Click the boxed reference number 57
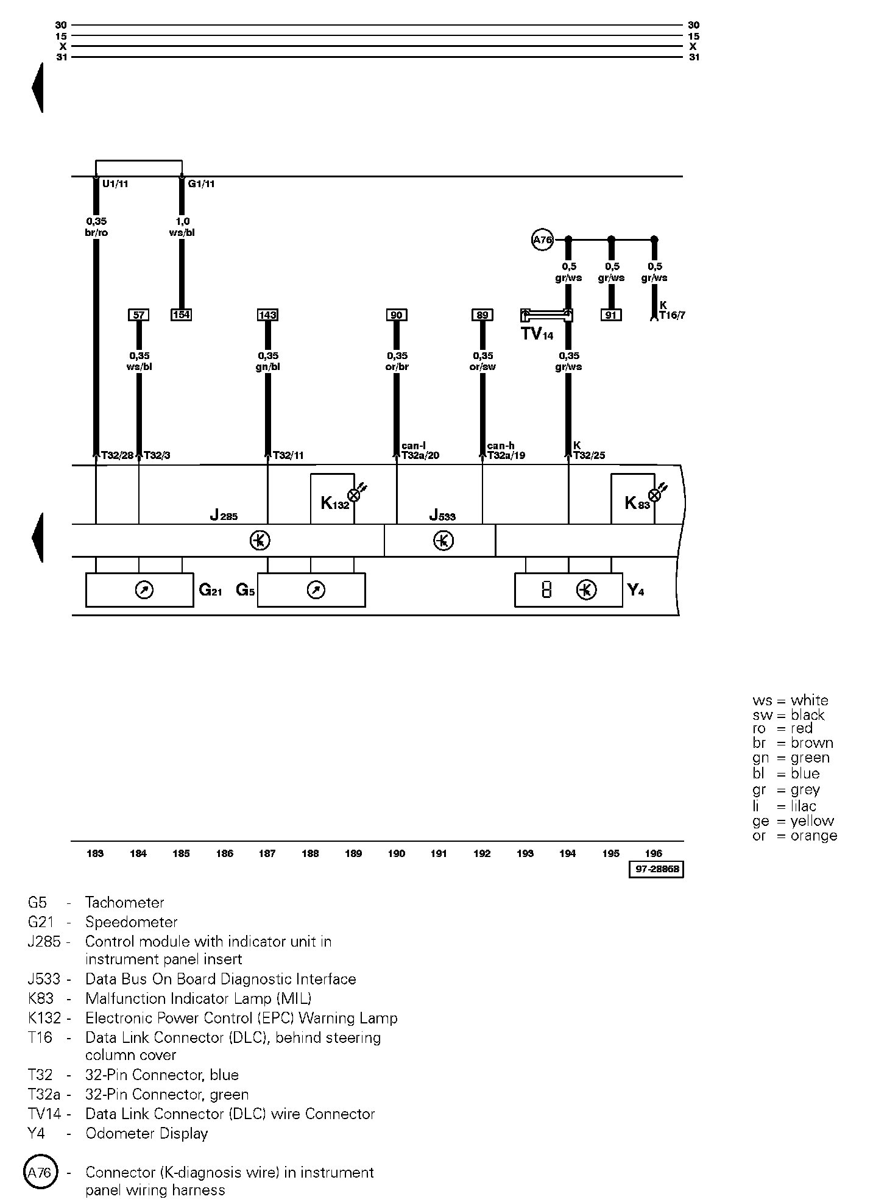tap(139, 315)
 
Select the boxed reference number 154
tap(182, 315)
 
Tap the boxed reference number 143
tap(267, 315)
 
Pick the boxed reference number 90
tap(397, 315)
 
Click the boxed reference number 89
tap(482, 315)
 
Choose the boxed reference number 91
tap(612, 315)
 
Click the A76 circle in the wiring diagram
tap(542, 240)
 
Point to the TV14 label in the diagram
tap(537, 334)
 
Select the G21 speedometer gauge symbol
tap(144, 590)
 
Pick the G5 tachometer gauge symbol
tap(316, 590)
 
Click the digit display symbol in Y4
tap(546, 589)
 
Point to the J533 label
tap(442, 516)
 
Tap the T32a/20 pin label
tap(420, 455)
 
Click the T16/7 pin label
tap(672, 315)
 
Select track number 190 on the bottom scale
tap(396, 853)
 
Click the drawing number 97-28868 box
tap(656, 869)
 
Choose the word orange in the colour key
tap(814, 836)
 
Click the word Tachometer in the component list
tap(125, 903)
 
